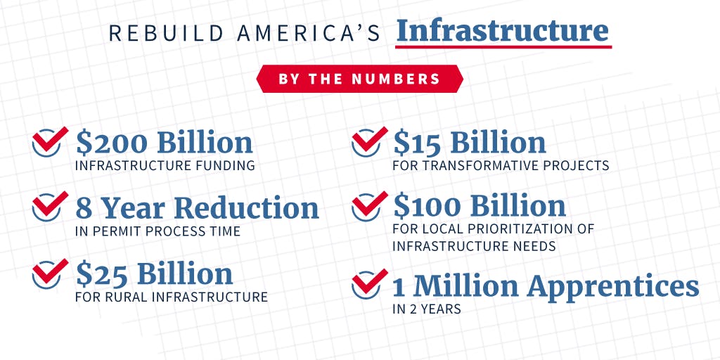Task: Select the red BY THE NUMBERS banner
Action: click(359, 79)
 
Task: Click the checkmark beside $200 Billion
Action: click(50, 141)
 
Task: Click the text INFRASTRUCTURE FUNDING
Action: click(165, 165)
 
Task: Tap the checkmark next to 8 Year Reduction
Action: click(50, 206)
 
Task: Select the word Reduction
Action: click(247, 207)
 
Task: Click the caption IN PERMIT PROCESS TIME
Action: click(157, 231)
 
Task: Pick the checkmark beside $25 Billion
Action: click(50, 274)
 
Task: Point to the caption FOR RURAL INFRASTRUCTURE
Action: click(172, 297)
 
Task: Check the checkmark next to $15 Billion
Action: click(369, 141)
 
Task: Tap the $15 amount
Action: click(418, 143)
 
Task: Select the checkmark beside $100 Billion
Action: click(369, 206)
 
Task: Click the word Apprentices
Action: click(612, 287)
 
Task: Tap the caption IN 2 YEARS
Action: click(427, 309)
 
